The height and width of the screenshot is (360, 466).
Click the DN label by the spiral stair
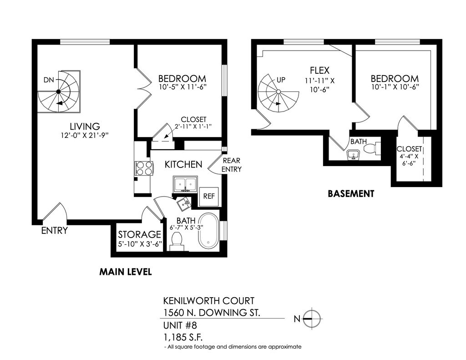(49, 80)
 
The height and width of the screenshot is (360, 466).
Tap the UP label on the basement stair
(281, 80)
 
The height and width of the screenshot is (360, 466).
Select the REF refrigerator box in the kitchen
(208, 197)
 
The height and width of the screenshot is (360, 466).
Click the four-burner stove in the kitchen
(143, 169)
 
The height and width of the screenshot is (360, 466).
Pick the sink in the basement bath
(353, 155)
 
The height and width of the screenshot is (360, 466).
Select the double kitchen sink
(185, 184)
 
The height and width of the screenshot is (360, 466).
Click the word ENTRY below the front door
(54, 231)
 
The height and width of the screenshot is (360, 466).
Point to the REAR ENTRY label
(231, 165)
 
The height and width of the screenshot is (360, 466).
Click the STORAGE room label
(139, 235)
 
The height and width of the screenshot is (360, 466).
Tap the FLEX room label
(319, 71)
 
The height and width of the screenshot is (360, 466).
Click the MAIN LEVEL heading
(125, 272)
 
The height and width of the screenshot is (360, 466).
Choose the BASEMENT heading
(351, 193)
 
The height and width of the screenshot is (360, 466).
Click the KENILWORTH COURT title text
(208, 301)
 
